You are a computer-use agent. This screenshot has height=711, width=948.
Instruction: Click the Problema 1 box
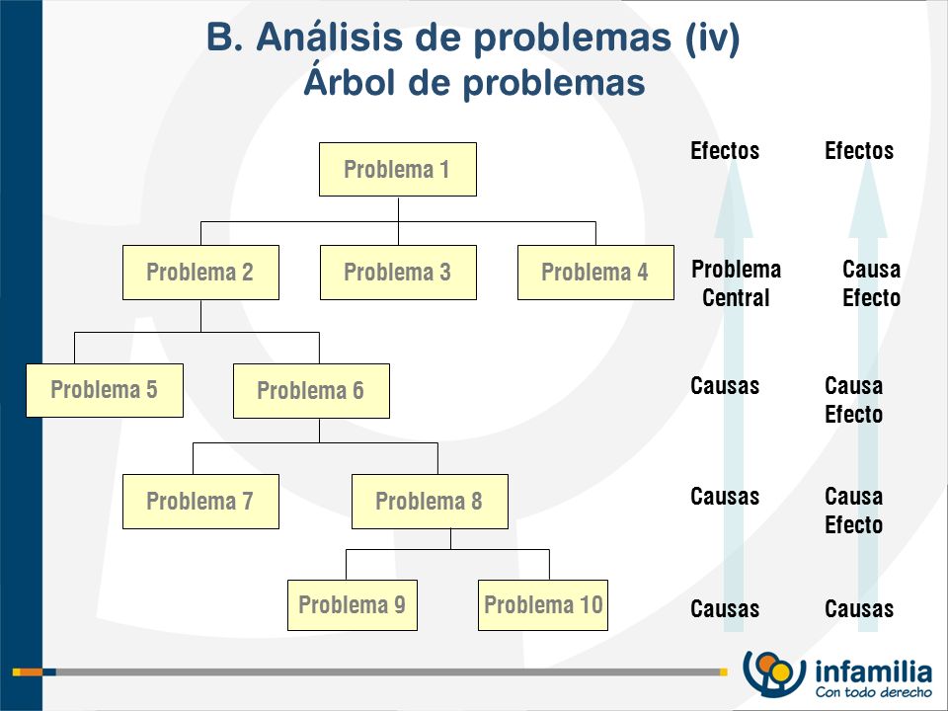point(398,169)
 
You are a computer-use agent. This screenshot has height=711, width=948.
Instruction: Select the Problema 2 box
point(200,273)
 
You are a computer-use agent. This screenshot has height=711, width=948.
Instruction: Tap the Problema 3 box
point(398,273)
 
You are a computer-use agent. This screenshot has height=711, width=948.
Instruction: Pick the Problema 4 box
point(595,273)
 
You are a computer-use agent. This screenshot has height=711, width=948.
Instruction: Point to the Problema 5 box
point(105,390)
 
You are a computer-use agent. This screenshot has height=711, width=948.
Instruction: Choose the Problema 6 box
point(311,391)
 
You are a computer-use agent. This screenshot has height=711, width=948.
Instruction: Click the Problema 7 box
point(200,502)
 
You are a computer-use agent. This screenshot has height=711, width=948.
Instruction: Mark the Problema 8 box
point(430,502)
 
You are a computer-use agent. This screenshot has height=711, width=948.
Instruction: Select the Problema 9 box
point(353,605)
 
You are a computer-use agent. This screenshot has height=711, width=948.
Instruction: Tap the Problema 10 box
point(543,605)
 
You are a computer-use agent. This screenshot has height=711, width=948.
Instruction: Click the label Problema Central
point(736,283)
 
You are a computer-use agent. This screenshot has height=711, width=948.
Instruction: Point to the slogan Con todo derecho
point(874,691)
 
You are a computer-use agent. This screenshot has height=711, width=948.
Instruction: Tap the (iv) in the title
point(712,38)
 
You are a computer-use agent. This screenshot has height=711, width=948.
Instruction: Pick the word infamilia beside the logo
point(874,671)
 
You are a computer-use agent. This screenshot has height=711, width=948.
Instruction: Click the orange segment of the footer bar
point(32,672)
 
